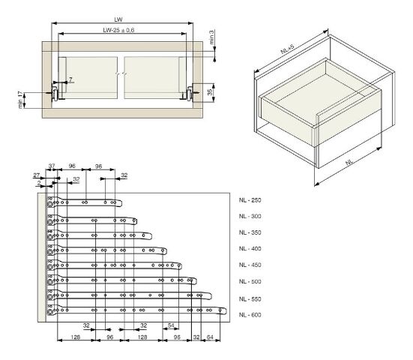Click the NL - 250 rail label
pyautogui.click(x=250, y=200)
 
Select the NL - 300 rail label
pyautogui.click(x=250, y=216)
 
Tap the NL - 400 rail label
pyautogui.click(x=250, y=249)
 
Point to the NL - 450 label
pyautogui.click(x=250, y=265)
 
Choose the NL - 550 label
pyautogui.click(x=250, y=299)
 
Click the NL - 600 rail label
pyautogui.click(x=250, y=315)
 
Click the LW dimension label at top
pyautogui.click(x=118, y=19)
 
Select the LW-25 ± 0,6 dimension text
pyautogui.click(x=118, y=30)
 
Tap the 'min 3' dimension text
pyautogui.click(x=211, y=37)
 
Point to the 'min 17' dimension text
pyautogui.click(x=20, y=100)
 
